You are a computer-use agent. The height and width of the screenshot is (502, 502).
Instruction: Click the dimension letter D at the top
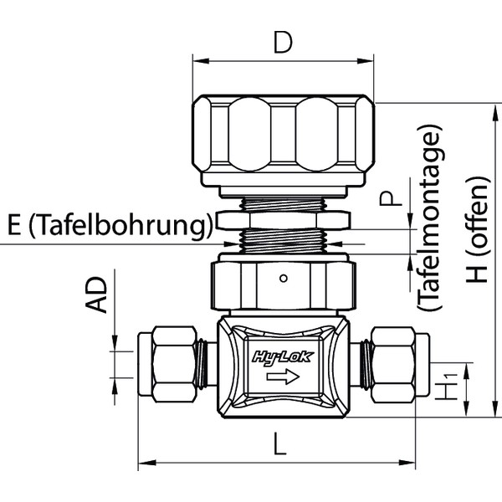[x=283, y=42]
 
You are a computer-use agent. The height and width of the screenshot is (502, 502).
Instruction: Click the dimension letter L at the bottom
[x=279, y=444]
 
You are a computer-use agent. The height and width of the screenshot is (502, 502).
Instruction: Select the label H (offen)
[x=478, y=228]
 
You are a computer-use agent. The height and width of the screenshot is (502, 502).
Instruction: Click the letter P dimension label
[x=386, y=199]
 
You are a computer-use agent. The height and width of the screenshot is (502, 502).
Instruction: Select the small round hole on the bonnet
[x=284, y=278]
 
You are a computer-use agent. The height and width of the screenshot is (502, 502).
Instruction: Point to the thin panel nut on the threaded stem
[x=283, y=221]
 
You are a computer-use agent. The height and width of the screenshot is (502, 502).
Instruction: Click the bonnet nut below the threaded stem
[x=283, y=284]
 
